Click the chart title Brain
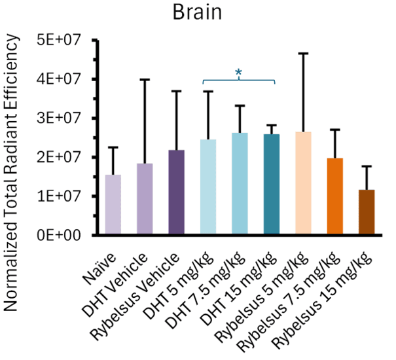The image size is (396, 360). pyautogui.click(x=198, y=13)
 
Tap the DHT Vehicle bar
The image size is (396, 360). pyautogui.click(x=145, y=199)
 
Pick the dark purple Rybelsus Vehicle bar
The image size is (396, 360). pyautogui.click(x=176, y=192)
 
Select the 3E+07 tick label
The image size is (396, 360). pyautogui.click(x=58, y=118)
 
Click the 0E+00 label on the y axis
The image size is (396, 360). pyautogui.click(x=58, y=235)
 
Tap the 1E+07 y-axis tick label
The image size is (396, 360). pyautogui.click(x=58, y=196)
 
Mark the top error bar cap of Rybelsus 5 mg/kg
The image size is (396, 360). pyautogui.click(x=303, y=53)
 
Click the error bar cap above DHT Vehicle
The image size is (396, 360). pyautogui.click(x=145, y=80)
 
